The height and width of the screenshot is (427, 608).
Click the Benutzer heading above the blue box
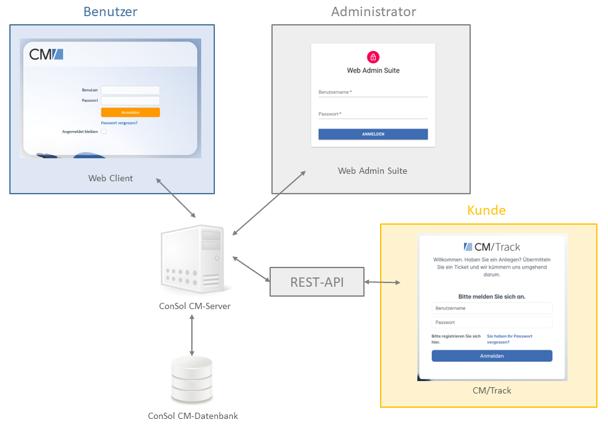click(110, 12)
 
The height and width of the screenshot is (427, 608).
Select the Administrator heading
click(373, 12)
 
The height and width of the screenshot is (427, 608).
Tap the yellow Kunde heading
click(486, 210)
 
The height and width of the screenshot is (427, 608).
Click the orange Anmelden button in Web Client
click(130, 112)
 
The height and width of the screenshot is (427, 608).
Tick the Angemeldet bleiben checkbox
click(104, 132)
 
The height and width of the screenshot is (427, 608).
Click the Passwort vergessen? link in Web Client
click(119, 123)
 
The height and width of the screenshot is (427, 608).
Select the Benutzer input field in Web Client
click(130, 90)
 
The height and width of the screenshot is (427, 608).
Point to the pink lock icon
click(373, 57)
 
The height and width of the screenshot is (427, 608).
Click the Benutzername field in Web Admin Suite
click(373, 92)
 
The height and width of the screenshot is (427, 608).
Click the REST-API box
click(317, 282)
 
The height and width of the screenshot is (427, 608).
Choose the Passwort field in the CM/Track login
click(492, 323)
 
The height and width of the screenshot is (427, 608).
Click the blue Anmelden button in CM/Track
click(492, 356)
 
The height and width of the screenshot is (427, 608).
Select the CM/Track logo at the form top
click(492, 247)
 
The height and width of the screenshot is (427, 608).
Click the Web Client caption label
click(111, 178)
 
